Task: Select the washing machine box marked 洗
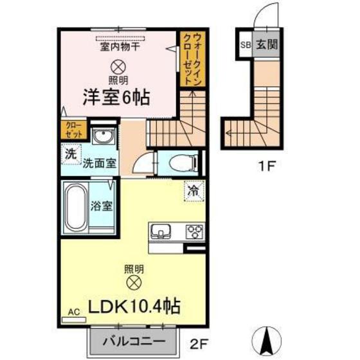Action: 70,155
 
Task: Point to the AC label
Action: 73,312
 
